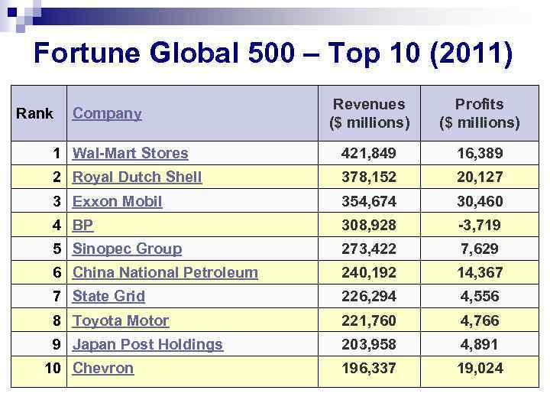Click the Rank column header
[x=35, y=114]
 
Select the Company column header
[x=107, y=114]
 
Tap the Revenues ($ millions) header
[x=370, y=113]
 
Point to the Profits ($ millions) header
[x=479, y=113]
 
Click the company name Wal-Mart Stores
[x=130, y=153]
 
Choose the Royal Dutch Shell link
[x=137, y=177]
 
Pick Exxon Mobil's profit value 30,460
[x=480, y=202]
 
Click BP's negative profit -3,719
[x=480, y=226]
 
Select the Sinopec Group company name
[x=127, y=249]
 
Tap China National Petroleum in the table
[x=165, y=272]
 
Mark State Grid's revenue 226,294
[x=370, y=297]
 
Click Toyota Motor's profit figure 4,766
[x=480, y=321]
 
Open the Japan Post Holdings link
[x=147, y=344]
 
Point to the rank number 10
[x=53, y=368]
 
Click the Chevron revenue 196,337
[x=370, y=369]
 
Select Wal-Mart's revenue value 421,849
[x=370, y=154]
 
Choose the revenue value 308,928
[x=370, y=226]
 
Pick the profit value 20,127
[x=480, y=177]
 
